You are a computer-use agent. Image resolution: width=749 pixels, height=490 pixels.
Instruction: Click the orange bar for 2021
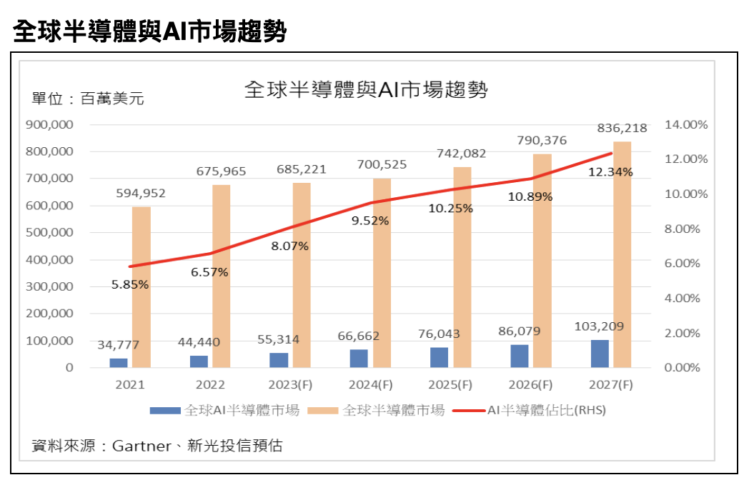tap(142, 287)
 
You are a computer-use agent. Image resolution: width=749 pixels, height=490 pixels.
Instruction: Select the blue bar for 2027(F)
tap(600, 354)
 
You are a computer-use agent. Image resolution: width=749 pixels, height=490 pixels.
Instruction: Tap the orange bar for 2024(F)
tap(382, 273)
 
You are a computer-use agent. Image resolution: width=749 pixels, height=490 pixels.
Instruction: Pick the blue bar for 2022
tap(199, 361)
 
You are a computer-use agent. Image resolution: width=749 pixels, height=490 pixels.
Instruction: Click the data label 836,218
tap(622, 129)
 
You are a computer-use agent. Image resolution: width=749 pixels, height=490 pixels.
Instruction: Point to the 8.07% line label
tap(290, 246)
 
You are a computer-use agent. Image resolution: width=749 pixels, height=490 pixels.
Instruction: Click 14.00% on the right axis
tap(686, 125)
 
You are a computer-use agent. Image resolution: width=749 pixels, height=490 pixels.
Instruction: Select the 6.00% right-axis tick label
tap(686, 264)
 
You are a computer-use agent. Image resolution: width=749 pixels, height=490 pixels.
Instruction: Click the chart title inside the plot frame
tap(366, 90)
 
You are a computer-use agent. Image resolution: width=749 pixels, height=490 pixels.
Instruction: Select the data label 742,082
tap(462, 154)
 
